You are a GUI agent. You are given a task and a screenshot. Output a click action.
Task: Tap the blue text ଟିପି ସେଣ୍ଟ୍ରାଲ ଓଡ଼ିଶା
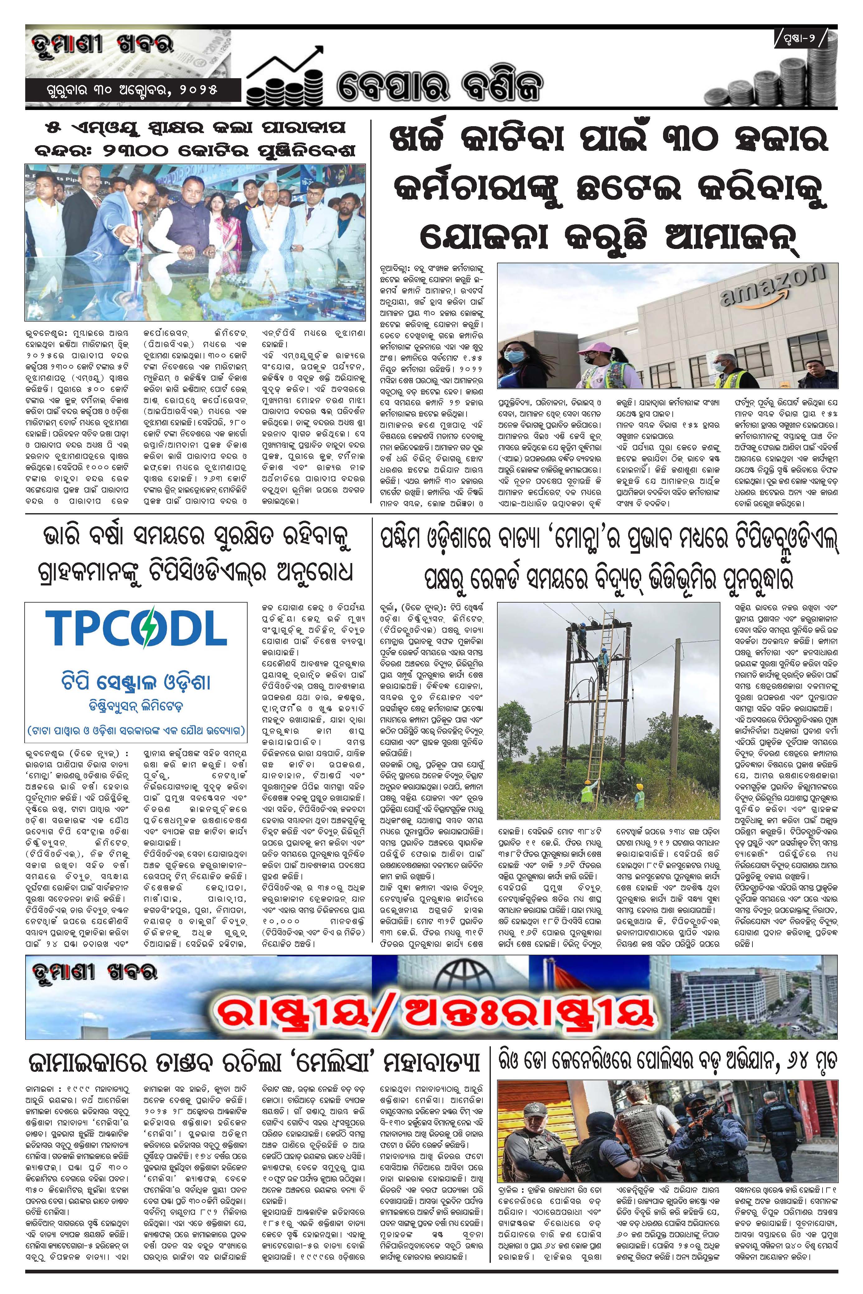136,683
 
